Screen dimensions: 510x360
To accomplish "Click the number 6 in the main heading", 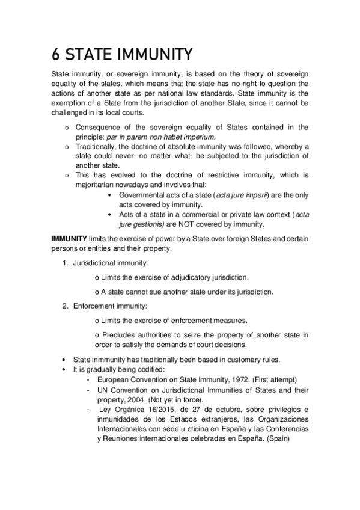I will click(55, 55).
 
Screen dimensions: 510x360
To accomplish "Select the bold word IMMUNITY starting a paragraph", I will click(69, 239).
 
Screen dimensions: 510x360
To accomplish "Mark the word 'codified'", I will click(157, 369).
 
